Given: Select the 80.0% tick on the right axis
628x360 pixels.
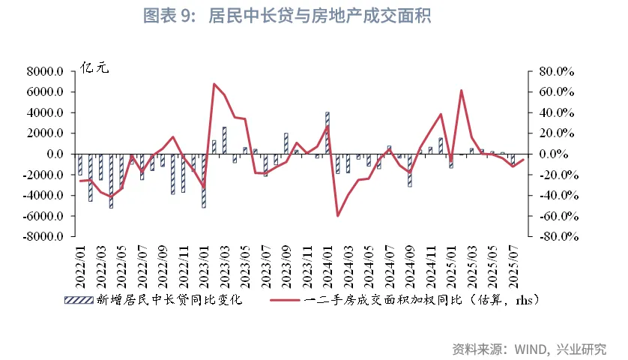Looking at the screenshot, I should click(555, 72).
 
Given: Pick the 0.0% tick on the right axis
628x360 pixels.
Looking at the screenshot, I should click(558, 154).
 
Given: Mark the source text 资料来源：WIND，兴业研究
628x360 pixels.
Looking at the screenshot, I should click(529, 349).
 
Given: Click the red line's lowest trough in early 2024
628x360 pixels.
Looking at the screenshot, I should click(338, 216).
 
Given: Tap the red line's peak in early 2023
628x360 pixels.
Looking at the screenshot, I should click(214, 84).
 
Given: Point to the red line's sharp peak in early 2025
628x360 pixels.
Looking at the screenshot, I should click(461, 91).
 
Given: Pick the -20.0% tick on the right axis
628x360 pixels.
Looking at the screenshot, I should click(555, 175).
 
